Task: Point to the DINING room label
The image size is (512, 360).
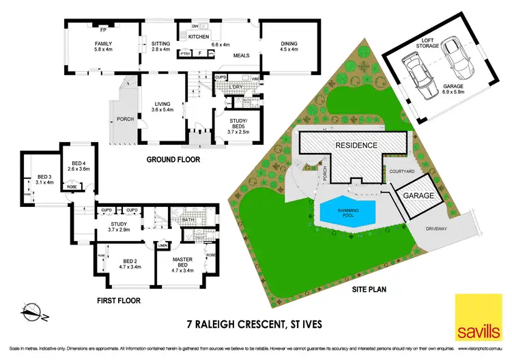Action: click(x=289, y=43)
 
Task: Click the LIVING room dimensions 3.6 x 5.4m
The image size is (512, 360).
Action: click(x=162, y=109)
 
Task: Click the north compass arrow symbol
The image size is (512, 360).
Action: click(x=32, y=311)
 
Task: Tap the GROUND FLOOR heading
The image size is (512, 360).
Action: click(x=173, y=160)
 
